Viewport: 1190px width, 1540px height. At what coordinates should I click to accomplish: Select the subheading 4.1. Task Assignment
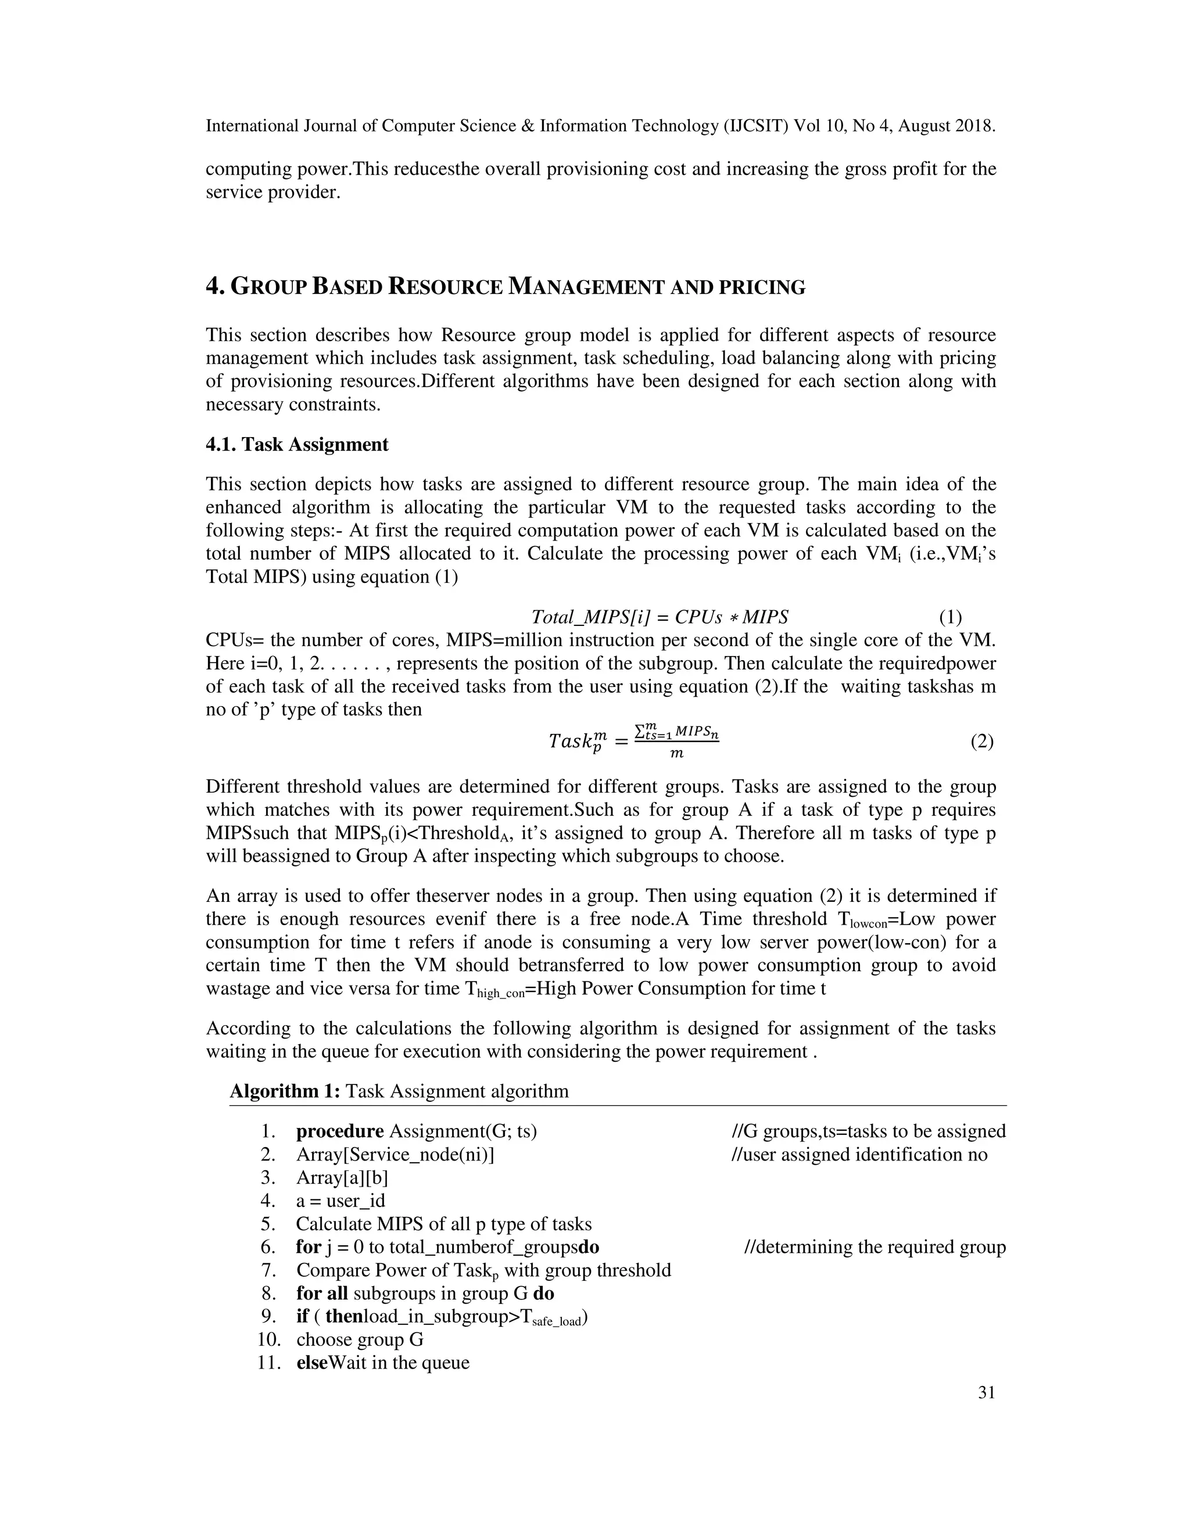click(x=297, y=445)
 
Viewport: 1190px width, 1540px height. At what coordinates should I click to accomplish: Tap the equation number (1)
click(x=949, y=617)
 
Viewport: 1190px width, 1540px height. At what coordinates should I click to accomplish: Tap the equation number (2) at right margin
click(x=981, y=741)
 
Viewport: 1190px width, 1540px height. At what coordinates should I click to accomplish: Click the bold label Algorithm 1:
click(x=285, y=1091)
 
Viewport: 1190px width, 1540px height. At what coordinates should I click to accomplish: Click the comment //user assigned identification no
click(x=859, y=1154)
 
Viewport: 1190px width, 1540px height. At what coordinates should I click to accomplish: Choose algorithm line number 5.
click(x=268, y=1223)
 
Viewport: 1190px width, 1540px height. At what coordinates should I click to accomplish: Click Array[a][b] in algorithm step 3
click(x=342, y=1177)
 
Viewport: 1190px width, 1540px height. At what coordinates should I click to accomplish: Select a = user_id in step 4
click(x=340, y=1201)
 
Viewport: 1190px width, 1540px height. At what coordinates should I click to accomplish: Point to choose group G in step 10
click(x=360, y=1339)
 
